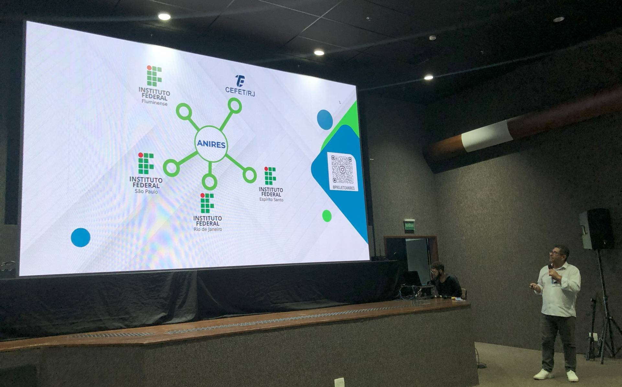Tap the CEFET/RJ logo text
click(x=240, y=91)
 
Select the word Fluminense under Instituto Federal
click(x=154, y=103)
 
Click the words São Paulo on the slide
click(x=146, y=192)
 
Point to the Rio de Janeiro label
click(x=208, y=229)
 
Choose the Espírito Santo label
click(x=271, y=200)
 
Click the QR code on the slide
click(x=342, y=169)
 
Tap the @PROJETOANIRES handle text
click(x=343, y=188)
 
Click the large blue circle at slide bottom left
click(x=81, y=237)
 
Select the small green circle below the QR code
click(x=327, y=216)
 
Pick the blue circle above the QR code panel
click(x=325, y=120)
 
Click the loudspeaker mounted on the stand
click(x=596, y=229)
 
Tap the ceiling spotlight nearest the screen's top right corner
click(x=428, y=77)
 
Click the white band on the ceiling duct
click(x=487, y=136)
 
